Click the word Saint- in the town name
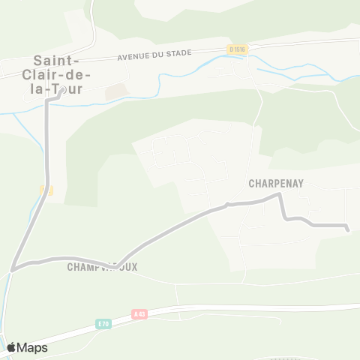(x=52, y=61)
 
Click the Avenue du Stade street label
(x=154, y=54)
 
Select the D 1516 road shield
(x=237, y=49)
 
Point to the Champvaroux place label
(x=102, y=267)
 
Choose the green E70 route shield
(x=103, y=324)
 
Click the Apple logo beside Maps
(x=12, y=347)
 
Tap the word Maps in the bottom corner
(x=32, y=347)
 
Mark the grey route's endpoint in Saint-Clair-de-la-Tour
(x=59, y=96)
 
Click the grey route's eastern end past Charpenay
(x=348, y=229)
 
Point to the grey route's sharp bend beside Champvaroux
(x=114, y=265)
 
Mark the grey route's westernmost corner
(x=13, y=268)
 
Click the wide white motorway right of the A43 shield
(x=225, y=308)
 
